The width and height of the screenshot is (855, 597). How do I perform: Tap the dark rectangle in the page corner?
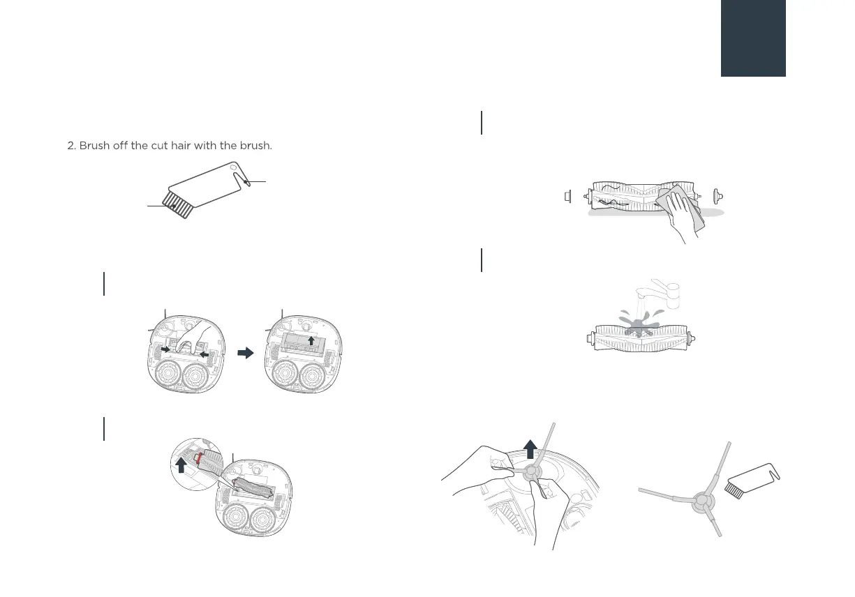click(x=753, y=38)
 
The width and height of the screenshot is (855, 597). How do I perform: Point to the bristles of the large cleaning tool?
click(x=177, y=205)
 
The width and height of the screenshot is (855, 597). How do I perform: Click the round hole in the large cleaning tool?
click(x=233, y=167)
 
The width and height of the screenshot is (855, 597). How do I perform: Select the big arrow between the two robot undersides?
click(x=246, y=353)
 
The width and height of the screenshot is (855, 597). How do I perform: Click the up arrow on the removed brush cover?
click(x=311, y=340)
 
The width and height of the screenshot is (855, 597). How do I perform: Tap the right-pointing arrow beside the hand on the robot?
click(x=165, y=349)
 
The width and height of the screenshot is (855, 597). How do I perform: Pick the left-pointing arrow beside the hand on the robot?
click(x=205, y=355)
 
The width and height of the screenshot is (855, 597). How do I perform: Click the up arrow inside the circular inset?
click(x=181, y=465)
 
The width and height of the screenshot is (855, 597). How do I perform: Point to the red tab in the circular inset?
click(x=199, y=458)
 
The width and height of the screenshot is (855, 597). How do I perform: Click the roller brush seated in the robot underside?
click(x=255, y=489)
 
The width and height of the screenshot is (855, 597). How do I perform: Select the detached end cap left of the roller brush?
click(x=567, y=197)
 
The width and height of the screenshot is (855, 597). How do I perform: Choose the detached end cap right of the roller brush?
click(x=718, y=197)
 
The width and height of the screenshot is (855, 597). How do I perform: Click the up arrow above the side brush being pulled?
click(x=530, y=449)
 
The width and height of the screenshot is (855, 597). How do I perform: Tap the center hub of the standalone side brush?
click(x=702, y=501)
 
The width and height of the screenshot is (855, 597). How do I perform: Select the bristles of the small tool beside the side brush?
click(x=734, y=490)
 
